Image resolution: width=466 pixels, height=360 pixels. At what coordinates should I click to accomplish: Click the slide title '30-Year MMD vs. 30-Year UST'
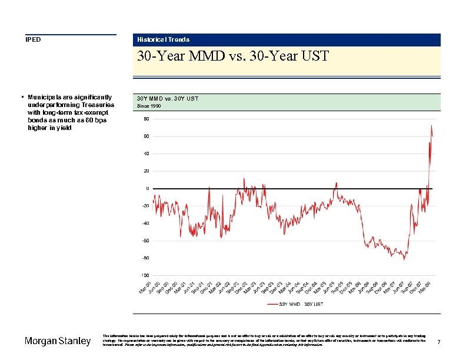[x=232, y=56]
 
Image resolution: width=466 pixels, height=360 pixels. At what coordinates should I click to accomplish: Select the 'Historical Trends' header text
[x=163, y=39]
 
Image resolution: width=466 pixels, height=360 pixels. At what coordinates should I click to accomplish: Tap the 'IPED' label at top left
[x=32, y=39]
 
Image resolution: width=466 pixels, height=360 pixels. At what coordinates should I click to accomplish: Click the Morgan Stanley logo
[x=58, y=341]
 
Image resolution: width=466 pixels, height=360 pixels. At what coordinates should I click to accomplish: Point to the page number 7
[x=439, y=342]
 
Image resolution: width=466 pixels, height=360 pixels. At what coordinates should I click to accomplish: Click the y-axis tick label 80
[x=146, y=119]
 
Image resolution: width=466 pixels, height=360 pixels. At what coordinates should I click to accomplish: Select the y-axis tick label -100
[x=144, y=275]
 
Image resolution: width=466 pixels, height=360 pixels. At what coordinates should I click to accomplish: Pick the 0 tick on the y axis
[x=147, y=188]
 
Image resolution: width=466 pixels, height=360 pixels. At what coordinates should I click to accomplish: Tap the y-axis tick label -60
[x=145, y=241]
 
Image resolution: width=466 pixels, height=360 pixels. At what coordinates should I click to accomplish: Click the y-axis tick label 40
[x=146, y=154]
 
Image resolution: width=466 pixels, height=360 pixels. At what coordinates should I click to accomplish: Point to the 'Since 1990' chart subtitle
[x=148, y=106]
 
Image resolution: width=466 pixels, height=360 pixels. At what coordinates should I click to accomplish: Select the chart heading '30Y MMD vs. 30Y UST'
[x=167, y=98]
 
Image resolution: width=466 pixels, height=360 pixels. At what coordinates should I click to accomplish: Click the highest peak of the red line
[x=431, y=125]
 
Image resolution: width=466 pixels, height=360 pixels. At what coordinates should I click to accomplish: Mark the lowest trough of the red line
[x=404, y=259]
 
